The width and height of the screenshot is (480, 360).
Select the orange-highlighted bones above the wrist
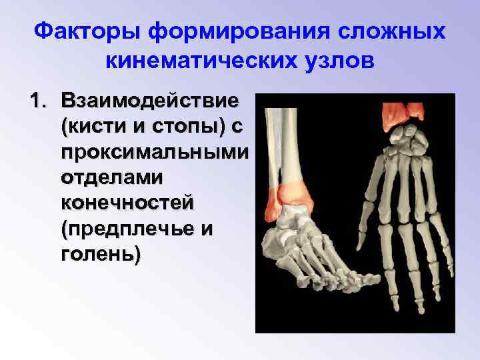(403, 111)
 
